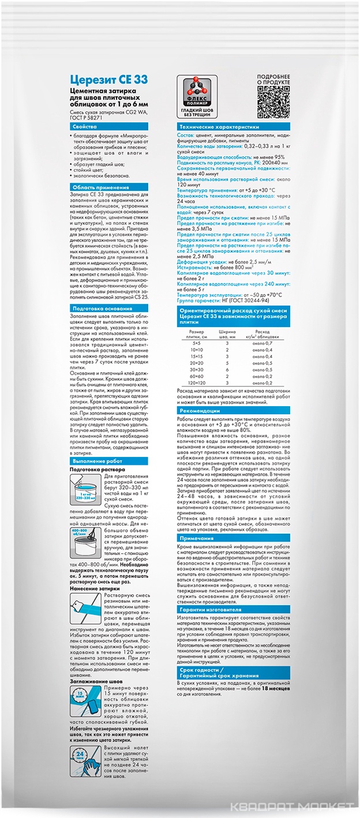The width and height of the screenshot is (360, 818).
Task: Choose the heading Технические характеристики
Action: point(219,126)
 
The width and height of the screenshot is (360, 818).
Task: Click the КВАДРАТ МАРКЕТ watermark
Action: point(291,806)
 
